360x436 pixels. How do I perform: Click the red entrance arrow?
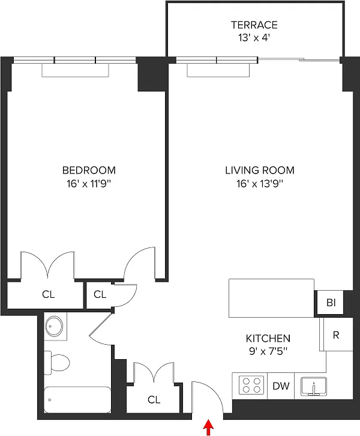[x=209, y=428]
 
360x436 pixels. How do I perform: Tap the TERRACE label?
[x=254, y=25]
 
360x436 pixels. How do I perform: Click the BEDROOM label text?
[x=89, y=170]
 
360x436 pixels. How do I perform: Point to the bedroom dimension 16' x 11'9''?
[x=89, y=183]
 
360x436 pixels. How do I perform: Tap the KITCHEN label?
[x=268, y=338]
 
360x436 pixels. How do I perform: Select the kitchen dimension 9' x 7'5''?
[x=268, y=351]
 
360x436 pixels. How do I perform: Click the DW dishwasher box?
[x=281, y=386]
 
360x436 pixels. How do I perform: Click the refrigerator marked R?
[x=336, y=335]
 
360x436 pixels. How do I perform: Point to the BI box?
[x=331, y=303]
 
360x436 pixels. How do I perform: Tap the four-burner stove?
[x=252, y=385]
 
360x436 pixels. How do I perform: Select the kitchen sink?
[x=313, y=386]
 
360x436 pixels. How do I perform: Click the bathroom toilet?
[x=58, y=362]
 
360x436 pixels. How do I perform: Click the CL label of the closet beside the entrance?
[x=154, y=399]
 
